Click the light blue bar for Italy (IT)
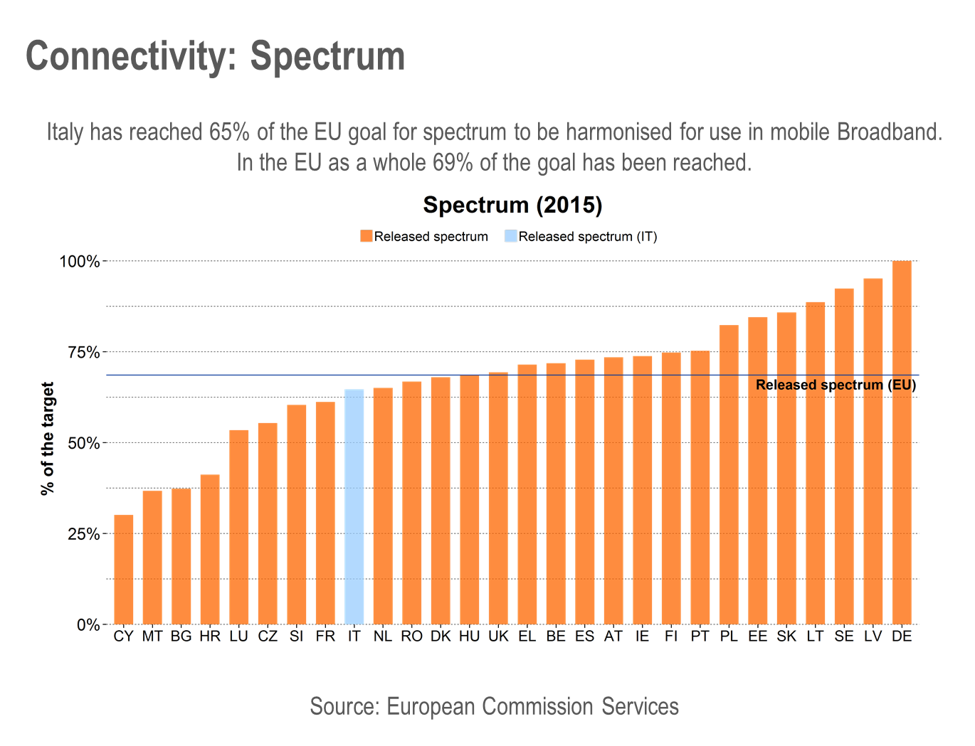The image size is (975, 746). [x=354, y=506]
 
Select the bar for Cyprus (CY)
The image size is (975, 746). [x=124, y=569]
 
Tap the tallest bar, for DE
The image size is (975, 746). [x=902, y=442]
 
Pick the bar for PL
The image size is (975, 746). [x=729, y=474]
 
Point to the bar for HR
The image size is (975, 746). [x=210, y=549]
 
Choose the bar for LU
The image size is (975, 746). [x=239, y=526]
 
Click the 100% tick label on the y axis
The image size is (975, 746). [x=80, y=262]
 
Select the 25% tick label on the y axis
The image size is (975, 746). [x=83, y=534]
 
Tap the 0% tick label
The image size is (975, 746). [x=88, y=625]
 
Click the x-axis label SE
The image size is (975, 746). [x=844, y=636]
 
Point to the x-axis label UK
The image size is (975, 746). [x=498, y=636]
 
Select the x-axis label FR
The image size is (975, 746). [x=325, y=636]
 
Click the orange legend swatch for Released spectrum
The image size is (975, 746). [x=367, y=236]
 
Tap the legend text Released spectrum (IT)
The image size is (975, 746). [x=588, y=237]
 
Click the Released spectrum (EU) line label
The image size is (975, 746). [x=836, y=385]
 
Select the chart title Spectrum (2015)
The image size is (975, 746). [x=512, y=205]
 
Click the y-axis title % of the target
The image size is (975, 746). [x=48, y=439]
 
